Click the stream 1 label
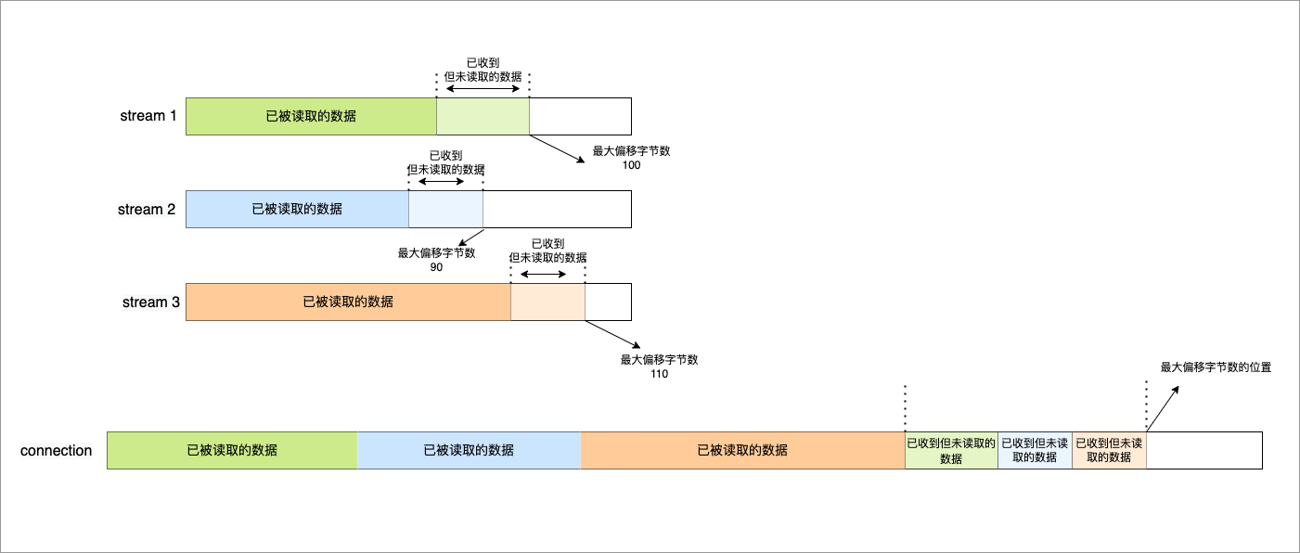pyautogui.click(x=148, y=116)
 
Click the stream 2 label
pyautogui.click(x=146, y=209)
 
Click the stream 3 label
pyautogui.click(x=150, y=302)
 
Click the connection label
pyautogui.click(x=56, y=450)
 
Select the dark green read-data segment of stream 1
pyautogui.click(x=311, y=116)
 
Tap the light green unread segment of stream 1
pyautogui.click(x=483, y=116)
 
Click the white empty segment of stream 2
pyautogui.click(x=557, y=209)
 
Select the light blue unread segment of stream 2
pyautogui.click(x=445, y=209)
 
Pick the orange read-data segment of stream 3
pyautogui.click(x=348, y=302)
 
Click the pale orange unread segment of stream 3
pyautogui.click(x=547, y=302)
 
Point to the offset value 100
pyautogui.click(x=632, y=165)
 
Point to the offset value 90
pyautogui.click(x=436, y=267)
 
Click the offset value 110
pyautogui.click(x=659, y=374)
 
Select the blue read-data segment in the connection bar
pyautogui.click(x=469, y=450)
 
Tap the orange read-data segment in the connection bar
pyautogui.click(x=742, y=450)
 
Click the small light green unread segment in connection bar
pyautogui.click(x=951, y=450)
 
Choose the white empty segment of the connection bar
pyautogui.click(x=1203, y=450)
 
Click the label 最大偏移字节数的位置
pyautogui.click(x=1216, y=367)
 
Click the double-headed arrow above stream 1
pyautogui.click(x=483, y=88)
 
